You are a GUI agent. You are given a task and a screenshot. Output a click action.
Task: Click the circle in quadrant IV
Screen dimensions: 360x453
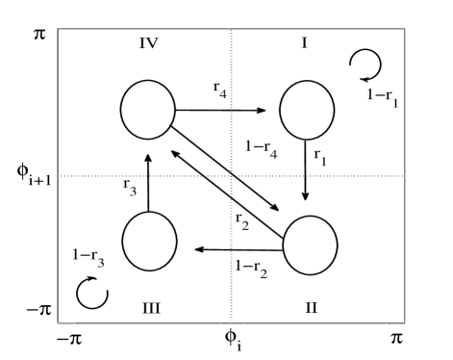tap(147, 109)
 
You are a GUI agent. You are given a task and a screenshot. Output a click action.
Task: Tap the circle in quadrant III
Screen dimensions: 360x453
tap(150, 242)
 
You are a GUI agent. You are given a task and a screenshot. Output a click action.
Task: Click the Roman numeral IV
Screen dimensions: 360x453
tap(146, 43)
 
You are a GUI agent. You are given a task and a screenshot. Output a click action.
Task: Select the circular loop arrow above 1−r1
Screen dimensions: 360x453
tap(366, 64)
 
